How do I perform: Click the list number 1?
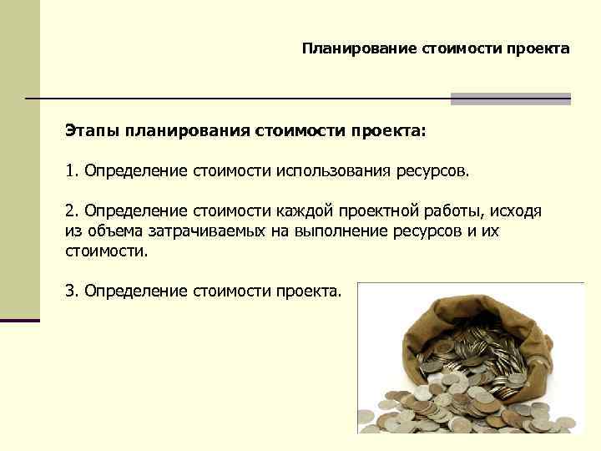[70, 171]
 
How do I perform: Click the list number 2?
[70, 211]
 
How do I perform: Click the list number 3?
[70, 291]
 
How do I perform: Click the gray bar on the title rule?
[510, 99]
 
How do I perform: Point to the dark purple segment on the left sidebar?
[19, 320]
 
